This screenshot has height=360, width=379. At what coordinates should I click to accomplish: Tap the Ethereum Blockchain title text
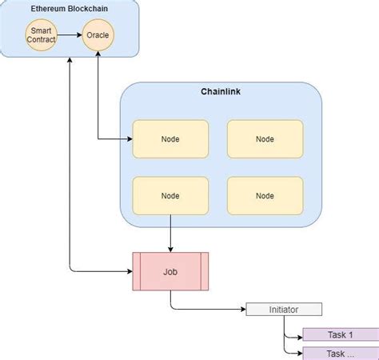pyautogui.click(x=70, y=10)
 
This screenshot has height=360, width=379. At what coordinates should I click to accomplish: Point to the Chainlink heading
pyautogui.click(x=221, y=92)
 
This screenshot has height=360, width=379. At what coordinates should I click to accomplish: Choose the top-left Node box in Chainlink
pyautogui.click(x=170, y=138)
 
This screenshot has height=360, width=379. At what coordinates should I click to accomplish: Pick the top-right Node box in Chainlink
pyautogui.click(x=265, y=138)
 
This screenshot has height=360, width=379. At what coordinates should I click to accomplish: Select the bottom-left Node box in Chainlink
pyautogui.click(x=170, y=195)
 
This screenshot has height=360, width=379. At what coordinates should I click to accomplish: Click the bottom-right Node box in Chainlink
pyautogui.click(x=265, y=195)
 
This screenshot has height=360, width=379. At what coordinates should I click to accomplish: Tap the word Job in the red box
pyautogui.click(x=170, y=272)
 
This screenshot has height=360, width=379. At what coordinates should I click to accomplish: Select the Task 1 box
pyautogui.click(x=341, y=334)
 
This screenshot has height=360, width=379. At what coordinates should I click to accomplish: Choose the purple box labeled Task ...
pyautogui.click(x=341, y=353)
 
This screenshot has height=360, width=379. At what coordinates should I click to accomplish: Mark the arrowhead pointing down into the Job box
pyautogui.click(x=170, y=249)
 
